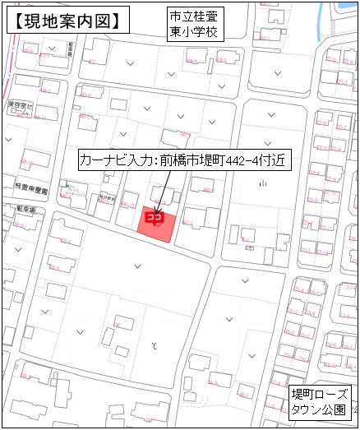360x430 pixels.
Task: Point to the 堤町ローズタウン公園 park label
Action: click(x=321, y=400)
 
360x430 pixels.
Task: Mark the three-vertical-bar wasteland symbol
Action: click(x=262, y=184)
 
